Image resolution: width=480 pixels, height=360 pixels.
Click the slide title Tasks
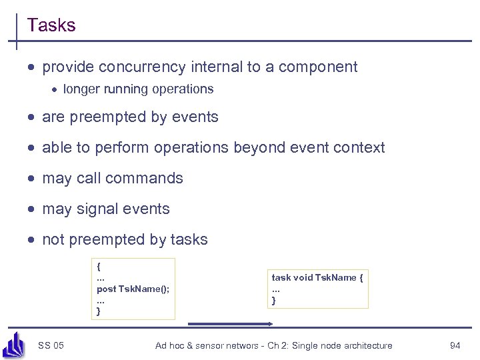pos(51,25)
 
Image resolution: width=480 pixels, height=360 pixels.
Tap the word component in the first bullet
pos(318,67)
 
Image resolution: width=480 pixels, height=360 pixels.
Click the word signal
pos(99,209)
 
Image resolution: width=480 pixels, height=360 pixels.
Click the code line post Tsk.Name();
pos(133,289)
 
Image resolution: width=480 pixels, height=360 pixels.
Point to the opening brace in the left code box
pos(99,266)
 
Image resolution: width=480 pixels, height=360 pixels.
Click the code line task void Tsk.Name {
pos(317,277)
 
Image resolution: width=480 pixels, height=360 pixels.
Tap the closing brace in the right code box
pos(273,301)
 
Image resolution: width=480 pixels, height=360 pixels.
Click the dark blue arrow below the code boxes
pos(231,324)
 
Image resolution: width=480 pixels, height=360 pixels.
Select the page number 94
pos(455,345)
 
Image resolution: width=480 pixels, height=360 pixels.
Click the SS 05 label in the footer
pos(51,345)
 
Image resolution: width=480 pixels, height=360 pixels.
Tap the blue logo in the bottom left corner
pos(13,345)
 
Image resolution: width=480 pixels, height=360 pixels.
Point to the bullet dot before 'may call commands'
pos(32,179)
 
